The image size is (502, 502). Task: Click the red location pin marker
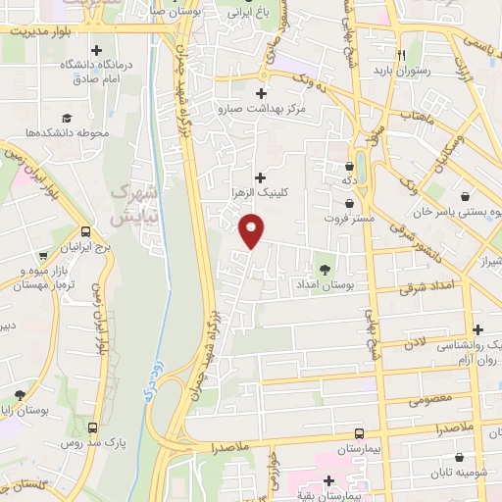click(252, 230)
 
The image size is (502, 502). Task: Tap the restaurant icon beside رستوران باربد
click(402, 56)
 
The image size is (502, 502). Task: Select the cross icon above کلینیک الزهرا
click(260, 176)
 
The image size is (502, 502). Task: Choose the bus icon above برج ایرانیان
click(86, 233)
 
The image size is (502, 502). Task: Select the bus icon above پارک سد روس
click(94, 427)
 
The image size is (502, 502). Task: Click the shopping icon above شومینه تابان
click(460, 455)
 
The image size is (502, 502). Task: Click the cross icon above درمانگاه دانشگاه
click(95, 49)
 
